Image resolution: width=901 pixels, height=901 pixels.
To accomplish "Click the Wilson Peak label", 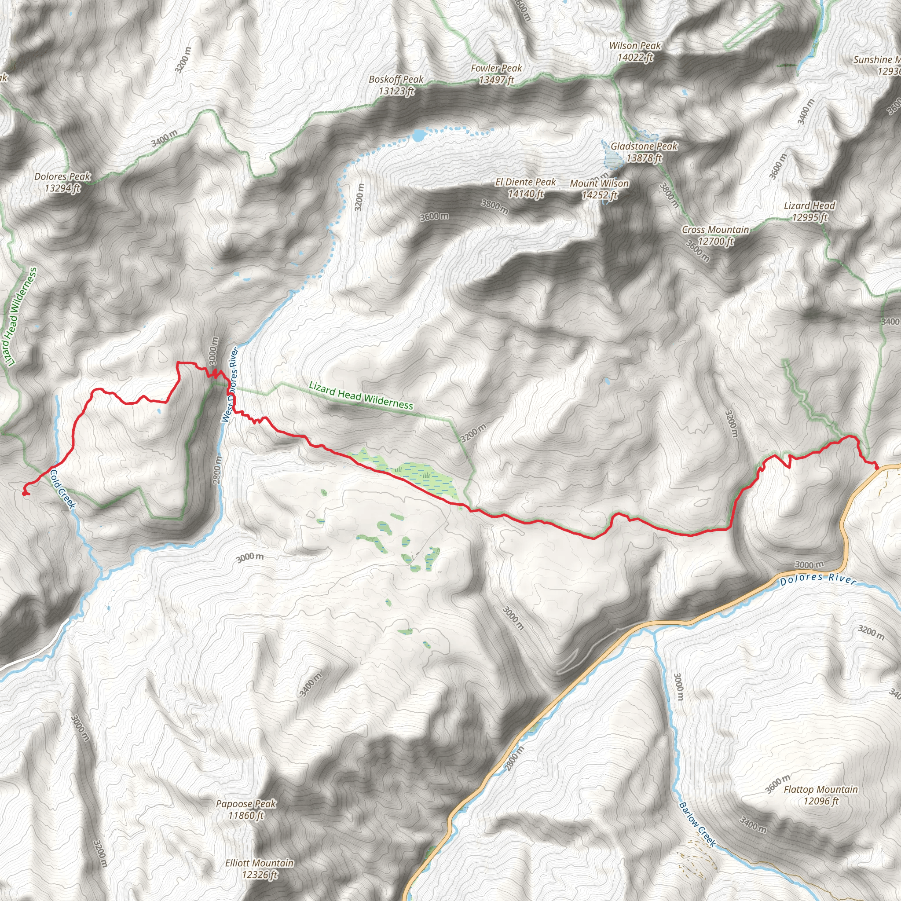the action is [x=635, y=52].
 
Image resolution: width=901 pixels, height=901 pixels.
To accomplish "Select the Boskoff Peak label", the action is [x=396, y=85].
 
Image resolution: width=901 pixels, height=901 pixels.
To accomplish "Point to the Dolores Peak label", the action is [x=62, y=182].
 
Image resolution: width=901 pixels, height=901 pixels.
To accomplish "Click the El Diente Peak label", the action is [x=526, y=188].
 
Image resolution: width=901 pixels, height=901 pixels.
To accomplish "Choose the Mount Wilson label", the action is [x=599, y=189].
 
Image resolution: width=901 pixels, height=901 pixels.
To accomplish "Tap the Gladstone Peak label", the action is [x=644, y=152].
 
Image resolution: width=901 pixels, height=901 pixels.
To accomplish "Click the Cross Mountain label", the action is [x=715, y=235].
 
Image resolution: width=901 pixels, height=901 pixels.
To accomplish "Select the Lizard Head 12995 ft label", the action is [x=809, y=211].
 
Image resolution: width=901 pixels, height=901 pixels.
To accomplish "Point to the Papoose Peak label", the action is [x=246, y=809].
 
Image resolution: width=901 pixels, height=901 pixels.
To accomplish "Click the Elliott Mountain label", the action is [x=259, y=869].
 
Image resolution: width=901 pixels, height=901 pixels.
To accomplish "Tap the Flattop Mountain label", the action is [x=821, y=795].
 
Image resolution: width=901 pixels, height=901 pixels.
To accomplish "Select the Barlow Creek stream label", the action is [x=697, y=824].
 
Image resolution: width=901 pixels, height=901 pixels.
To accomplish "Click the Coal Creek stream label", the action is [x=62, y=489].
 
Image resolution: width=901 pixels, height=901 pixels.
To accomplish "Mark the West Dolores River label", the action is [x=230, y=385].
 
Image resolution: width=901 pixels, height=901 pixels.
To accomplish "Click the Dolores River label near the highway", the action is [x=818, y=579].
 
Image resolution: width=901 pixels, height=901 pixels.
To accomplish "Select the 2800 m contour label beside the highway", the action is [x=514, y=759].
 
